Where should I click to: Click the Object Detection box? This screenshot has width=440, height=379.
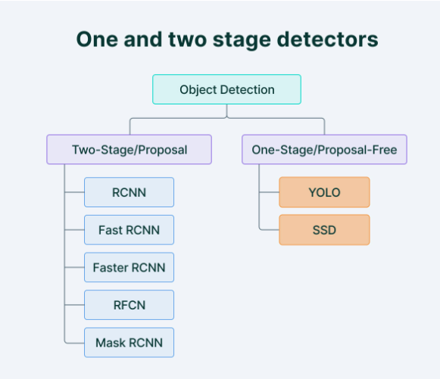pos(226,89)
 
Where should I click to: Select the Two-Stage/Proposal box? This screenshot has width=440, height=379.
pos(129,150)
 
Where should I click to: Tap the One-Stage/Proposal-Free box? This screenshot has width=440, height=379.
pos(324,150)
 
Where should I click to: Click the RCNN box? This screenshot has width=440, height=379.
pos(129,192)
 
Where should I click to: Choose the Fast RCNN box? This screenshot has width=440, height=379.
pos(129,230)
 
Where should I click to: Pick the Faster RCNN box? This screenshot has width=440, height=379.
pos(129,267)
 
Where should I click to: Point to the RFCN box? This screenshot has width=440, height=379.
pos(129,305)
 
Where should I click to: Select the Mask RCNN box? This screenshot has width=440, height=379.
pos(129,343)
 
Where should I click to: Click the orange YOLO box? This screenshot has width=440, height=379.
pos(324,192)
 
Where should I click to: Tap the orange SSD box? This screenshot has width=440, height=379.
pos(324,230)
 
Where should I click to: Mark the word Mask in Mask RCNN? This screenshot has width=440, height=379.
pos(111,343)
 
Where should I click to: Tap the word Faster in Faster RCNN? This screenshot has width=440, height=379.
pos(111,267)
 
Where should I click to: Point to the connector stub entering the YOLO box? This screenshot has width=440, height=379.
pos(270,192)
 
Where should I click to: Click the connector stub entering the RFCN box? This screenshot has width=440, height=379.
pos(74,305)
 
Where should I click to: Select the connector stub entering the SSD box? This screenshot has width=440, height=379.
pos(270,230)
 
